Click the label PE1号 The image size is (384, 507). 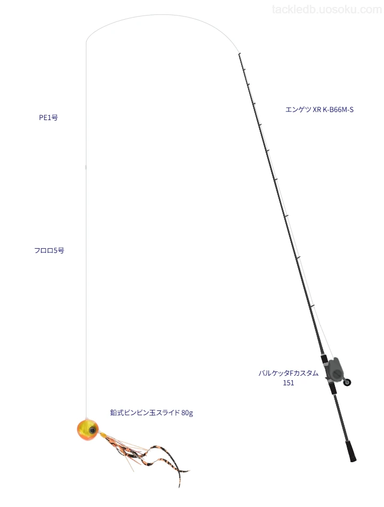49,118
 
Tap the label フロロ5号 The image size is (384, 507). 49,250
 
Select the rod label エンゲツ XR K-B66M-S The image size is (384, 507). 319,109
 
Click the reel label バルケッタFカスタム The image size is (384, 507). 289,373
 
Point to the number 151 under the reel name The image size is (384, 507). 289,383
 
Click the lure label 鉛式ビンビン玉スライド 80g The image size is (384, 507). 151,413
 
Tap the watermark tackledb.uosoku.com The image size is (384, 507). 327,10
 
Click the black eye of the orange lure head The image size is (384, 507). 93,430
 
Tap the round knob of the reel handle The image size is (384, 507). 348,383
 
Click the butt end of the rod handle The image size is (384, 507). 353,459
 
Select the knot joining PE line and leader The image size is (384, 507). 86,167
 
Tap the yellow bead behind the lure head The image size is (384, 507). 102,435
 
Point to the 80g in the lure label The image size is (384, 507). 187,413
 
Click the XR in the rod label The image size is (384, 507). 317,109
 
